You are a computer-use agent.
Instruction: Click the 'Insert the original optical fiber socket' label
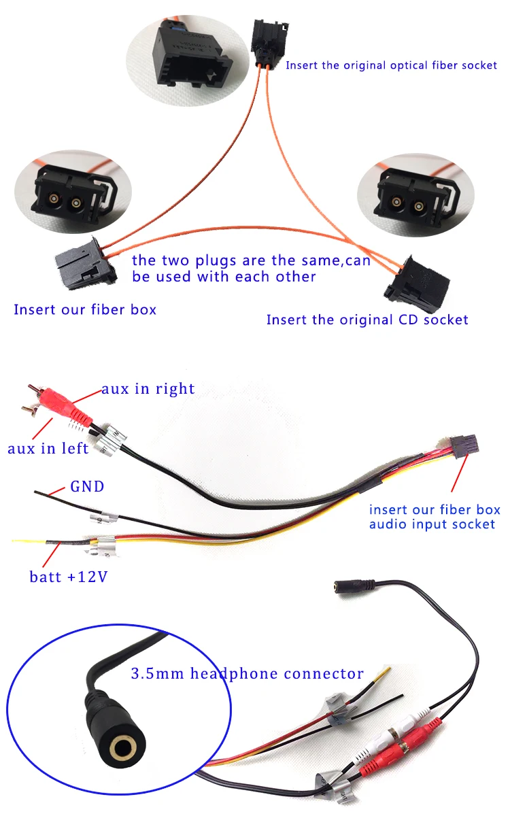tap(391, 65)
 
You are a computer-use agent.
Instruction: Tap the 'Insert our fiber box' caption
tap(85, 309)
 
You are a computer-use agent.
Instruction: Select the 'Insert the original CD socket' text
tap(367, 320)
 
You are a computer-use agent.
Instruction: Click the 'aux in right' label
tap(148, 389)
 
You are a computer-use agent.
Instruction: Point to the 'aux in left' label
tap(48, 448)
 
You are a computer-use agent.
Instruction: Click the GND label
tap(87, 486)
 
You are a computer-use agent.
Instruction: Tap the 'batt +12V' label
tap(69, 577)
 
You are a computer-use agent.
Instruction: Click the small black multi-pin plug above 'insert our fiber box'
tap(464, 446)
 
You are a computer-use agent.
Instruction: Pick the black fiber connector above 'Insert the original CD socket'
tap(417, 284)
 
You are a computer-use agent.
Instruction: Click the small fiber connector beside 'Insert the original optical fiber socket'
tap(269, 42)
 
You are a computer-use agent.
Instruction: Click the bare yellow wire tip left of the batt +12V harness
tap(29, 541)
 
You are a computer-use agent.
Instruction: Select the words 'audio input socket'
tap(432, 524)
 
